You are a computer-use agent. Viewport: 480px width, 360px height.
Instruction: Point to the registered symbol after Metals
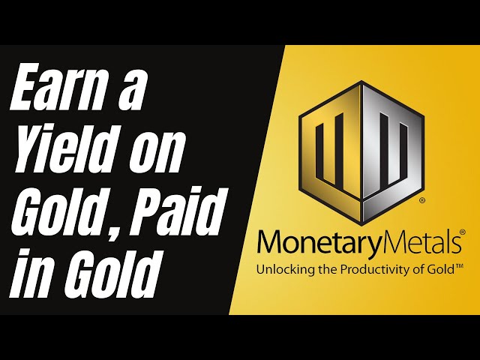click(x=462, y=234)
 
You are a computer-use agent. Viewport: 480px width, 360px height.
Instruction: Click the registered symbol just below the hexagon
click(x=422, y=201)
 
